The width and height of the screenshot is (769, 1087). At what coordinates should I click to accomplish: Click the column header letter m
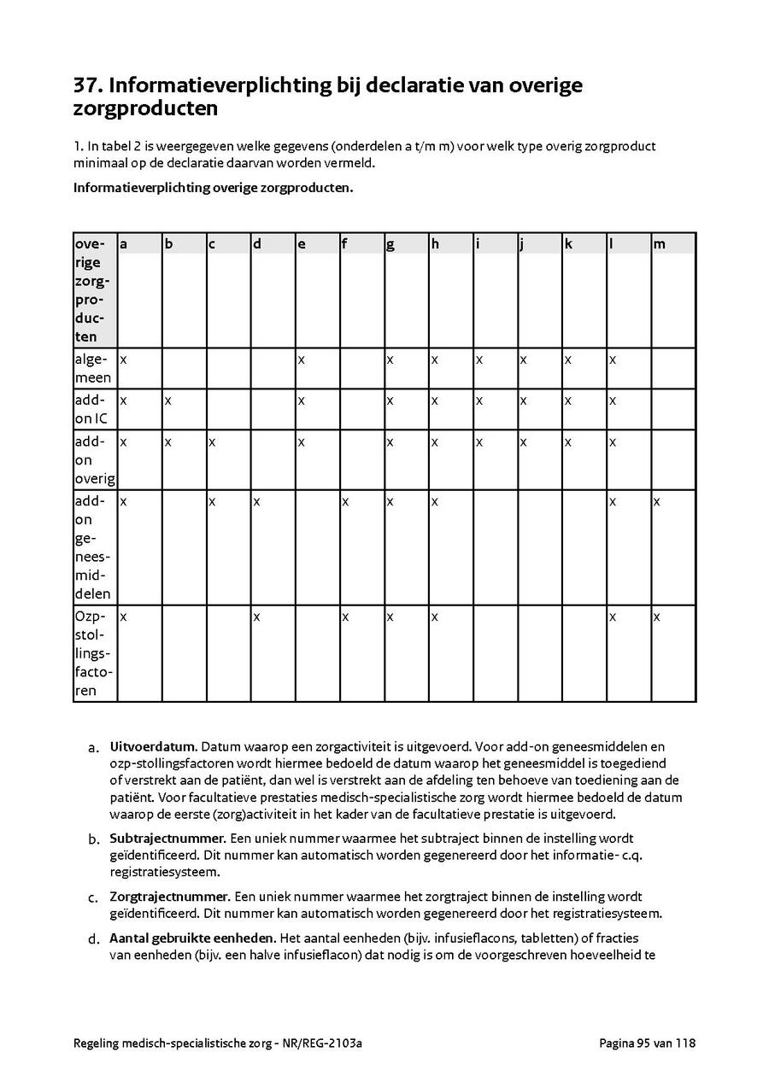(659, 244)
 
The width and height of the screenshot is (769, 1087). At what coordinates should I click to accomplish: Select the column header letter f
(344, 244)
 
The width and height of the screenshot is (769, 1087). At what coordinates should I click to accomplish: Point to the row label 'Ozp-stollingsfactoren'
(93, 653)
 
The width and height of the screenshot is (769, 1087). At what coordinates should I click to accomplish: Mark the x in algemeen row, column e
(301, 359)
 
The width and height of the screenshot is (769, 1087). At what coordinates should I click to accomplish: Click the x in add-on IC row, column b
(167, 400)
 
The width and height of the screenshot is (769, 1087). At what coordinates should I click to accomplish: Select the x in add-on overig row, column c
(212, 442)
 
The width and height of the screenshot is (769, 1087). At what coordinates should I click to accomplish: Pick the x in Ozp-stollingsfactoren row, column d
(256, 617)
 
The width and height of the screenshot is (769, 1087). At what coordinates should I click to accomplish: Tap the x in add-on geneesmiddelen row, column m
(656, 501)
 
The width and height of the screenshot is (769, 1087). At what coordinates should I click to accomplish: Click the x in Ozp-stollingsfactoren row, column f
(345, 617)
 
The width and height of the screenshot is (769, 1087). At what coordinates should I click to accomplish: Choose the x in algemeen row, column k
(567, 359)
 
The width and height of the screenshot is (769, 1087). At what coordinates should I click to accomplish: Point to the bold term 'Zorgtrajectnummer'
(169, 897)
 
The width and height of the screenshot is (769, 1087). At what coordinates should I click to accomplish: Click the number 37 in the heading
(87, 86)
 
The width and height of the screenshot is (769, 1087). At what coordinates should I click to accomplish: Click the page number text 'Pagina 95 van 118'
(647, 1043)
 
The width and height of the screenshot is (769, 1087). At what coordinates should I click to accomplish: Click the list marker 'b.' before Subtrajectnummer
(94, 840)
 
